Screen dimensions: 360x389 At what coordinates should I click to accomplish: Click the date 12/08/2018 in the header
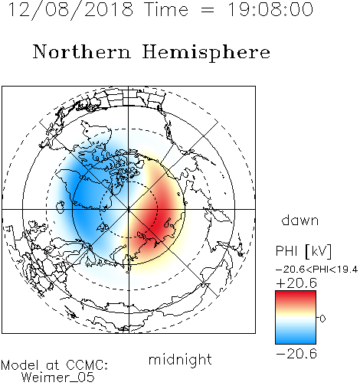(70, 10)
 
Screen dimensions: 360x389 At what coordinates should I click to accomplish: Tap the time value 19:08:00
(270, 9)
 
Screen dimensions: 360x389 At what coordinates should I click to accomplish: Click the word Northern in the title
(82, 51)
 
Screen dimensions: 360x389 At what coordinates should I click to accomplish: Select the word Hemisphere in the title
(206, 53)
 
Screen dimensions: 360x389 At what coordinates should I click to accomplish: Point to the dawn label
(300, 220)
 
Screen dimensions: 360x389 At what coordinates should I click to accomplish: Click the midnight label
(180, 361)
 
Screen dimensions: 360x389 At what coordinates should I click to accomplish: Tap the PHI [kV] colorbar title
(304, 251)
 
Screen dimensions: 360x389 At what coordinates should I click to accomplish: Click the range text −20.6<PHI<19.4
(317, 270)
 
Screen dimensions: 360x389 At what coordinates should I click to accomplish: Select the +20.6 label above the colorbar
(296, 283)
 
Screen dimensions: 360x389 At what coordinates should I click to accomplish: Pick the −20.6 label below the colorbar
(296, 354)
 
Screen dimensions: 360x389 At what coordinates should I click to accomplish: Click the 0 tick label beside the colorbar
(322, 319)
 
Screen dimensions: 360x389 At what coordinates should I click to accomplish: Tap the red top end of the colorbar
(296, 293)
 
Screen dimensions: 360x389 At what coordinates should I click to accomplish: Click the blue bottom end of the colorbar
(296, 342)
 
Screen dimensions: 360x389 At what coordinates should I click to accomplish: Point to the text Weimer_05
(58, 377)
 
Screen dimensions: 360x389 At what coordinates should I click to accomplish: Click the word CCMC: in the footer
(87, 365)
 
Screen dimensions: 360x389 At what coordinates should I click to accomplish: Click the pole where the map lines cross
(129, 209)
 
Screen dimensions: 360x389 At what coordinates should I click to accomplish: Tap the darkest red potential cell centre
(161, 220)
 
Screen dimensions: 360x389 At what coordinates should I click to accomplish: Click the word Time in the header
(166, 9)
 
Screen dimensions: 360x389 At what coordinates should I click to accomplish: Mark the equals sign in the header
(208, 10)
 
